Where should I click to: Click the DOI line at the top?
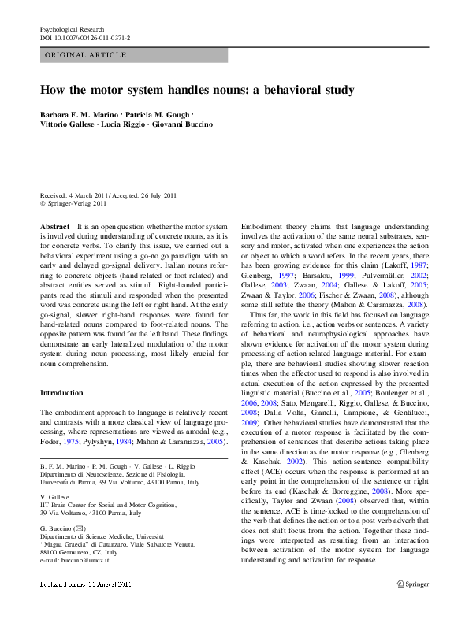[x=85, y=37]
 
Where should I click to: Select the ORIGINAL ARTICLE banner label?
[x=85, y=55]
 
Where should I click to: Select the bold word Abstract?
[x=54, y=226]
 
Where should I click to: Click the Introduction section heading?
[x=61, y=392]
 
